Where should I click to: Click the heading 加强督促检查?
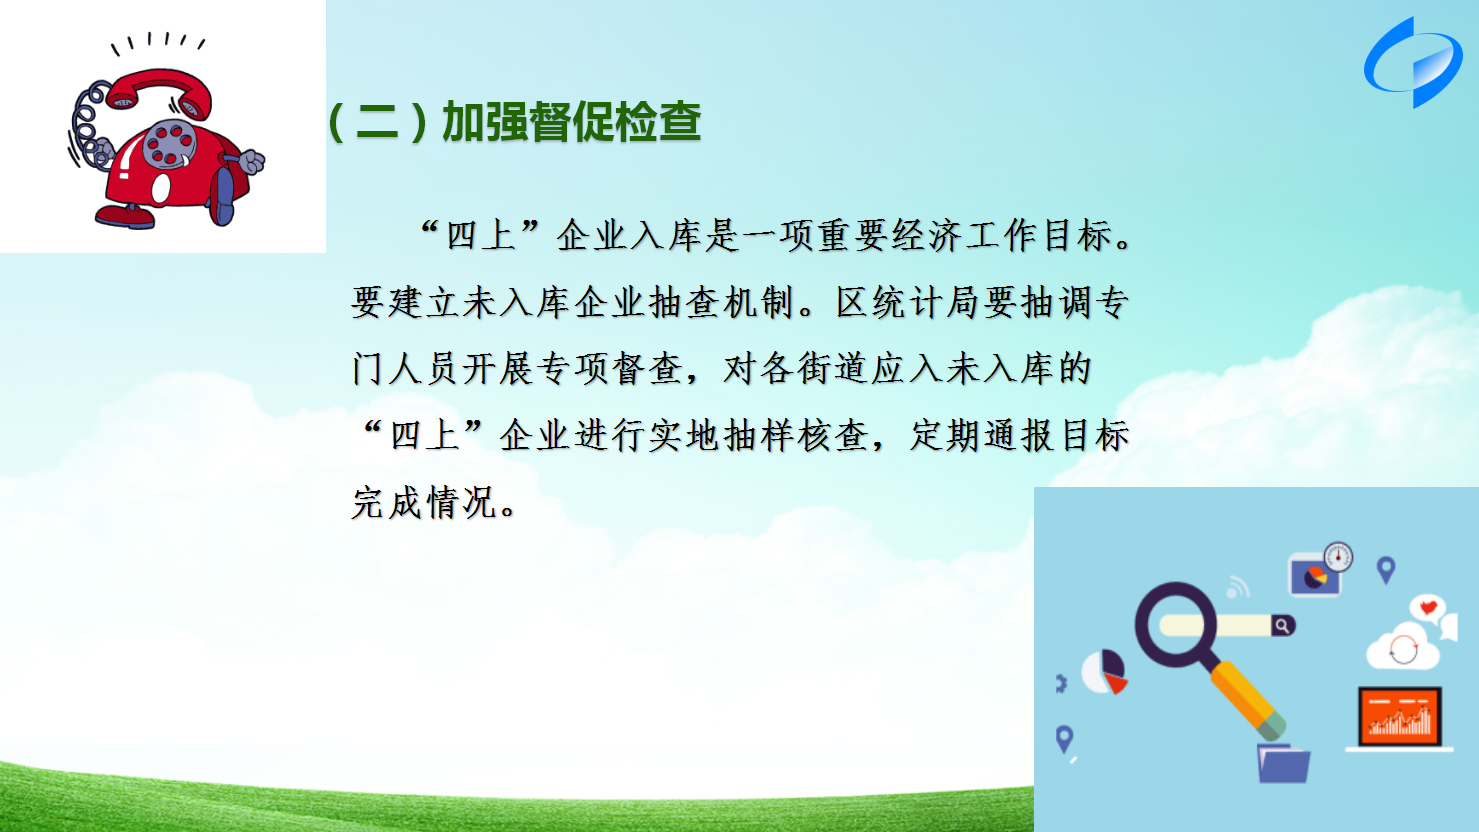571,122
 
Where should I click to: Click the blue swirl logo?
1413,63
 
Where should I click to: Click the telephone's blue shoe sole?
222,195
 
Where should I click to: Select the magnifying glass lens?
1176,624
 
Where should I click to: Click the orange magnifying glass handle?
1248,700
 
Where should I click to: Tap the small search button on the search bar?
1283,625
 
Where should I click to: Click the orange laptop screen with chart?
1400,716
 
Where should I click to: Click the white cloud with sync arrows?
1403,647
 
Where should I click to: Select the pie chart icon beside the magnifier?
1104,672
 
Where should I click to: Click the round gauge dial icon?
1338,557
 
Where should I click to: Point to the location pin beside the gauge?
1386,570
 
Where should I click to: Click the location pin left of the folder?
1064,739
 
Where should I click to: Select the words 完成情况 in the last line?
424,503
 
